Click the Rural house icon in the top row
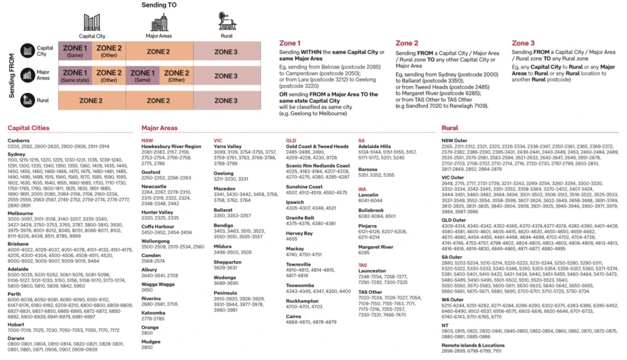[x=227, y=22]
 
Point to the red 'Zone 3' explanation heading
[x=523, y=43]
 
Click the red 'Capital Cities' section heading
[x=28, y=128]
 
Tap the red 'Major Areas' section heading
[x=159, y=128]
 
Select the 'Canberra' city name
[x=19, y=141]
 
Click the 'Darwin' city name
[x=16, y=338]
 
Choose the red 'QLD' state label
[x=291, y=140]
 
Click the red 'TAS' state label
[x=362, y=263]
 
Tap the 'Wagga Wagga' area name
[x=157, y=284]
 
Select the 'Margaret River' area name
[x=375, y=247]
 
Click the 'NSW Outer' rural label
[x=455, y=140]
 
